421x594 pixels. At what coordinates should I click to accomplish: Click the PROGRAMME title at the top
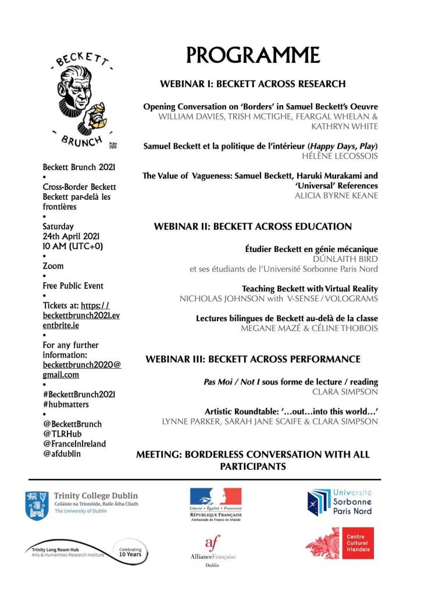253,55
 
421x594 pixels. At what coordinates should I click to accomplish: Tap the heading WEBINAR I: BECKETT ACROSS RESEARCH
253,84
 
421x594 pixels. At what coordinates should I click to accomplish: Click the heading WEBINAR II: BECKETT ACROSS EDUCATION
253,226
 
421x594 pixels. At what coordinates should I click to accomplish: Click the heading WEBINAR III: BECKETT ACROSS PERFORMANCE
253,359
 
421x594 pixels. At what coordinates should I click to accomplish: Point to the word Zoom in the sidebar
53,266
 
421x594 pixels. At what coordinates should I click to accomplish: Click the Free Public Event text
73,286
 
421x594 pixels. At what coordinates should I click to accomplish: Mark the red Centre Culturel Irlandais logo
340,543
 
